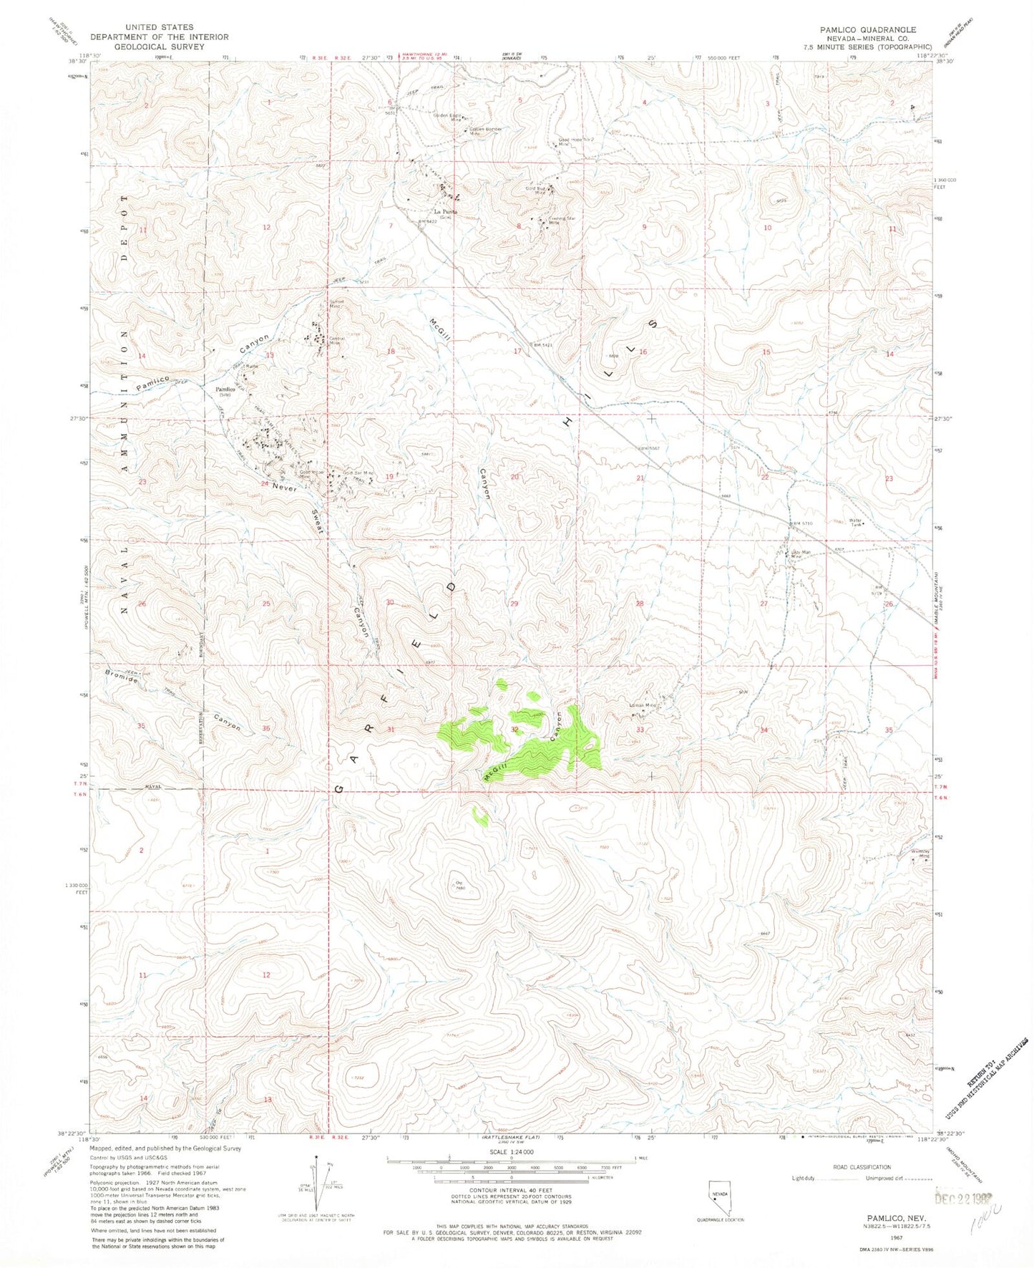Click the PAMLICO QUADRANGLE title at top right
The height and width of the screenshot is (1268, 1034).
tap(867, 29)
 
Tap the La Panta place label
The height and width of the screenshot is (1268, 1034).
tap(446, 212)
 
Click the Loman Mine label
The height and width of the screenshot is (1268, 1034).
tap(642, 705)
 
